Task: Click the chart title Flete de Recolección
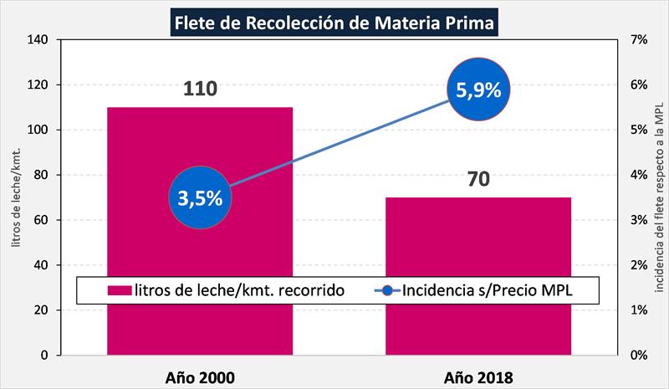[333, 21]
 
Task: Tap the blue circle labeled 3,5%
[201, 198]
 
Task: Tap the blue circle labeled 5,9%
[478, 90]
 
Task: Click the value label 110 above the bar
[200, 89]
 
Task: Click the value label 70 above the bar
[478, 179]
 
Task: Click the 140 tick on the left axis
[38, 39]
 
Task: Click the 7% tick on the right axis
[637, 39]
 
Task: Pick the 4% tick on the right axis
[637, 175]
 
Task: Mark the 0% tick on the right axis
[637, 356]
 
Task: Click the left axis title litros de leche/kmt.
[14, 197]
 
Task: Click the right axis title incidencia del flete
[658, 197]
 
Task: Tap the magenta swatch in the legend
[120, 291]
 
